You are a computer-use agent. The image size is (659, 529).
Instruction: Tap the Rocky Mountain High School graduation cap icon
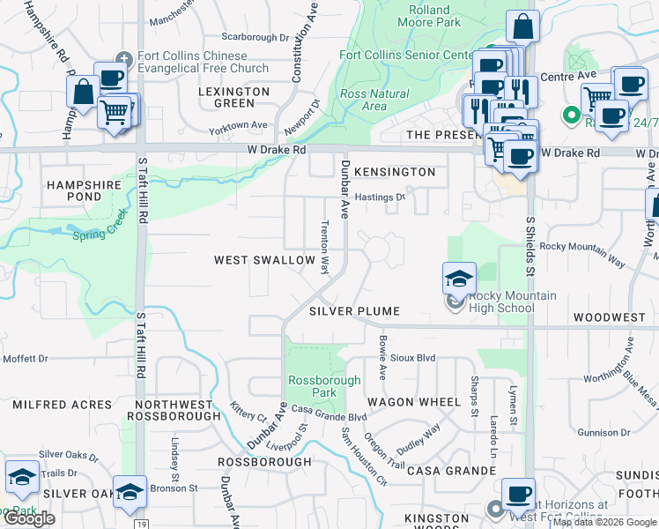pos(459,279)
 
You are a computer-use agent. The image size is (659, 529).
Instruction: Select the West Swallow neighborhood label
pos(265,260)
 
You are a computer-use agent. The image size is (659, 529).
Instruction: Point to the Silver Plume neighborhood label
pos(354,311)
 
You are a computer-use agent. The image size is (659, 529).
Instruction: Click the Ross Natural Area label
pos(374,100)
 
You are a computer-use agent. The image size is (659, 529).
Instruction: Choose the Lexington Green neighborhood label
pos(233,97)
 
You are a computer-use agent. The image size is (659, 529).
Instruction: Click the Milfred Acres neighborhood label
pos(62,405)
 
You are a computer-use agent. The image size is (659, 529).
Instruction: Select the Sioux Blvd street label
pos(413,358)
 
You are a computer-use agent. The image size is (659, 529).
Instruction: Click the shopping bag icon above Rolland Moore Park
pos(522,27)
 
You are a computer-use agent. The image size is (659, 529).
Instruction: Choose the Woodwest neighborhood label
pos(609,316)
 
